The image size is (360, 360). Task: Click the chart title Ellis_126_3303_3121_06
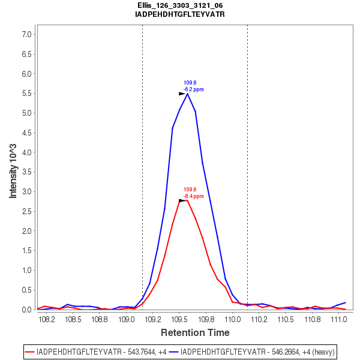tap(180, 5)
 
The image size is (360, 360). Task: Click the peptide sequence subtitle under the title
tap(180, 14)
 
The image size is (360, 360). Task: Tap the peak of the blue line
tap(188, 94)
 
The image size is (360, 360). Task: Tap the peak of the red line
tap(187, 200)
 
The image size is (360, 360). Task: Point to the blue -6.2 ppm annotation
tap(193, 89)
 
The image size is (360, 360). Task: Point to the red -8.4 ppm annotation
tap(193, 196)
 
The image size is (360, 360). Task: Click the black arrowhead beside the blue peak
tap(182, 94)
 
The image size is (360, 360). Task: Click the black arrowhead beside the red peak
tap(182, 200)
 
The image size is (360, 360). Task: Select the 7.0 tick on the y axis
tap(26, 35)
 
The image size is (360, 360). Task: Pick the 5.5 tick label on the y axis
tap(26, 94)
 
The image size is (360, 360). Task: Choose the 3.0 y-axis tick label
tap(26, 192)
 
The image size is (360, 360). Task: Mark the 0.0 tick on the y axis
tap(26, 310)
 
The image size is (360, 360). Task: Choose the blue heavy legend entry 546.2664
tap(252, 351)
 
